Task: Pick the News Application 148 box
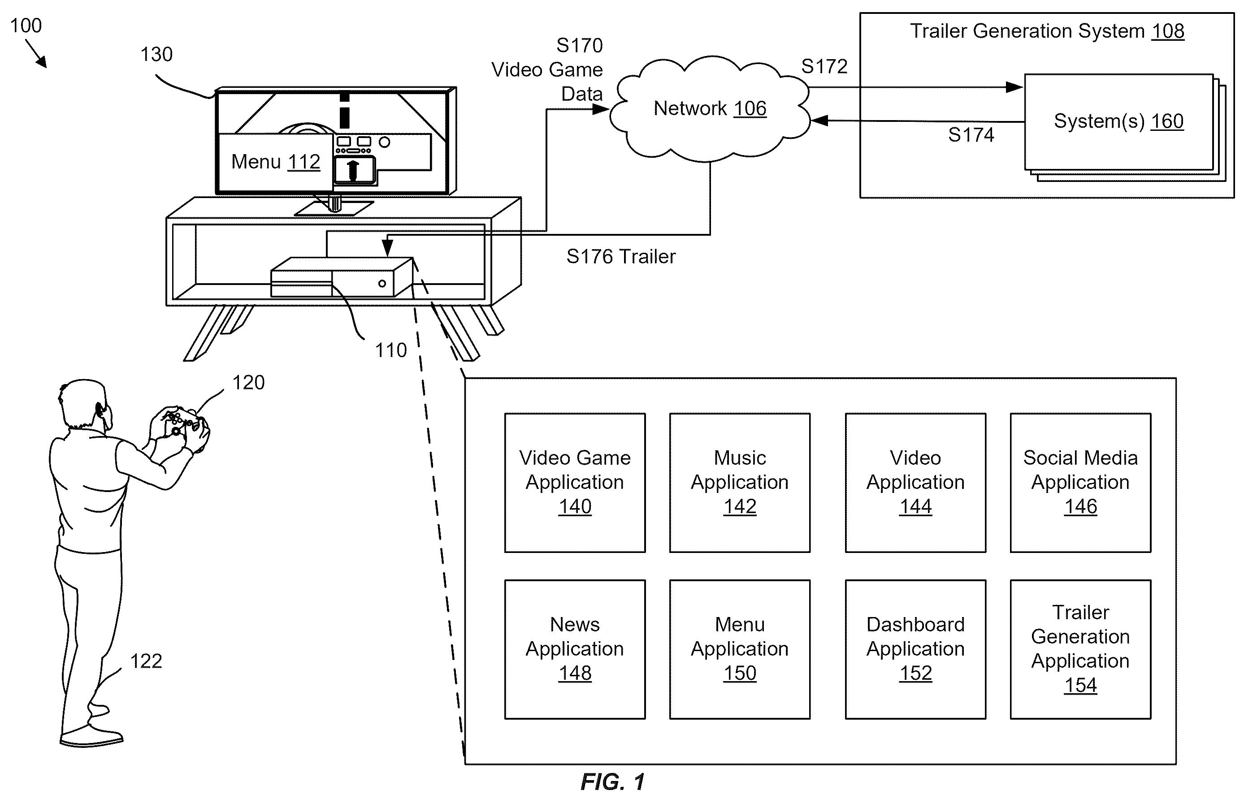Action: (x=575, y=649)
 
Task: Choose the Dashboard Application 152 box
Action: (x=915, y=649)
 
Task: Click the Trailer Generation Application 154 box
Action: (x=1080, y=649)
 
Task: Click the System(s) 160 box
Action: (x=1119, y=121)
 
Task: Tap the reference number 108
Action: (x=1168, y=31)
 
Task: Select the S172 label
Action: (x=824, y=66)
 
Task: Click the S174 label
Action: (x=971, y=135)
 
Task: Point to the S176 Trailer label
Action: (x=621, y=257)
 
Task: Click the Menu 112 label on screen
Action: (x=275, y=162)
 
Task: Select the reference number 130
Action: (x=156, y=54)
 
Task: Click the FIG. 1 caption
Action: (x=613, y=782)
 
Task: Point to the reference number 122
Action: (x=146, y=661)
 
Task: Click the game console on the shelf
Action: (x=342, y=277)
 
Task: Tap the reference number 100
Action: (x=26, y=26)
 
